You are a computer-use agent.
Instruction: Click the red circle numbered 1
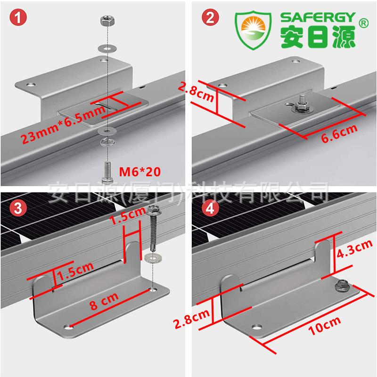point(18,17)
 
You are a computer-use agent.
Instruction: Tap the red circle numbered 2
point(210,17)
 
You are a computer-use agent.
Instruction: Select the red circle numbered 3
point(18,208)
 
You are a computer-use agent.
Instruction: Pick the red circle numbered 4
point(210,208)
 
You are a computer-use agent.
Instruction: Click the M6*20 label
point(139,172)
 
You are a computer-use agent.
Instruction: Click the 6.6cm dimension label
point(339,133)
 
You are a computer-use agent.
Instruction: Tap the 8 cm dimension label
point(104,301)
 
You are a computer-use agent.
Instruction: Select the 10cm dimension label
point(325,326)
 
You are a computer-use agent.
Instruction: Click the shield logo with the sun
point(254,30)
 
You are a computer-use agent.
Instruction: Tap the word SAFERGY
point(318,17)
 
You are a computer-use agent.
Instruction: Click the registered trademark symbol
point(363,23)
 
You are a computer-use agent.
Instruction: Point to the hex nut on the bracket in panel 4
point(342,286)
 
